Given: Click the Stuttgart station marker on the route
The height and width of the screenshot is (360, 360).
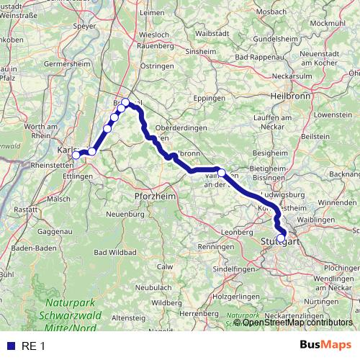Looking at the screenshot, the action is point(281,238).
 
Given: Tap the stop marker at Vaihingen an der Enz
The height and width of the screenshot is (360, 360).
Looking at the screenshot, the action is point(222,172).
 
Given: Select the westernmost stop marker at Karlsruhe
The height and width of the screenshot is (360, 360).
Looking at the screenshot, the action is point(76,155).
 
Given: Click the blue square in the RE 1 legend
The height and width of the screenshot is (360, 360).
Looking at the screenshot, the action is point(10,346).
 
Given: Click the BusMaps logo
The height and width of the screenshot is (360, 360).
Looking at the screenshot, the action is point(325,345).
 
